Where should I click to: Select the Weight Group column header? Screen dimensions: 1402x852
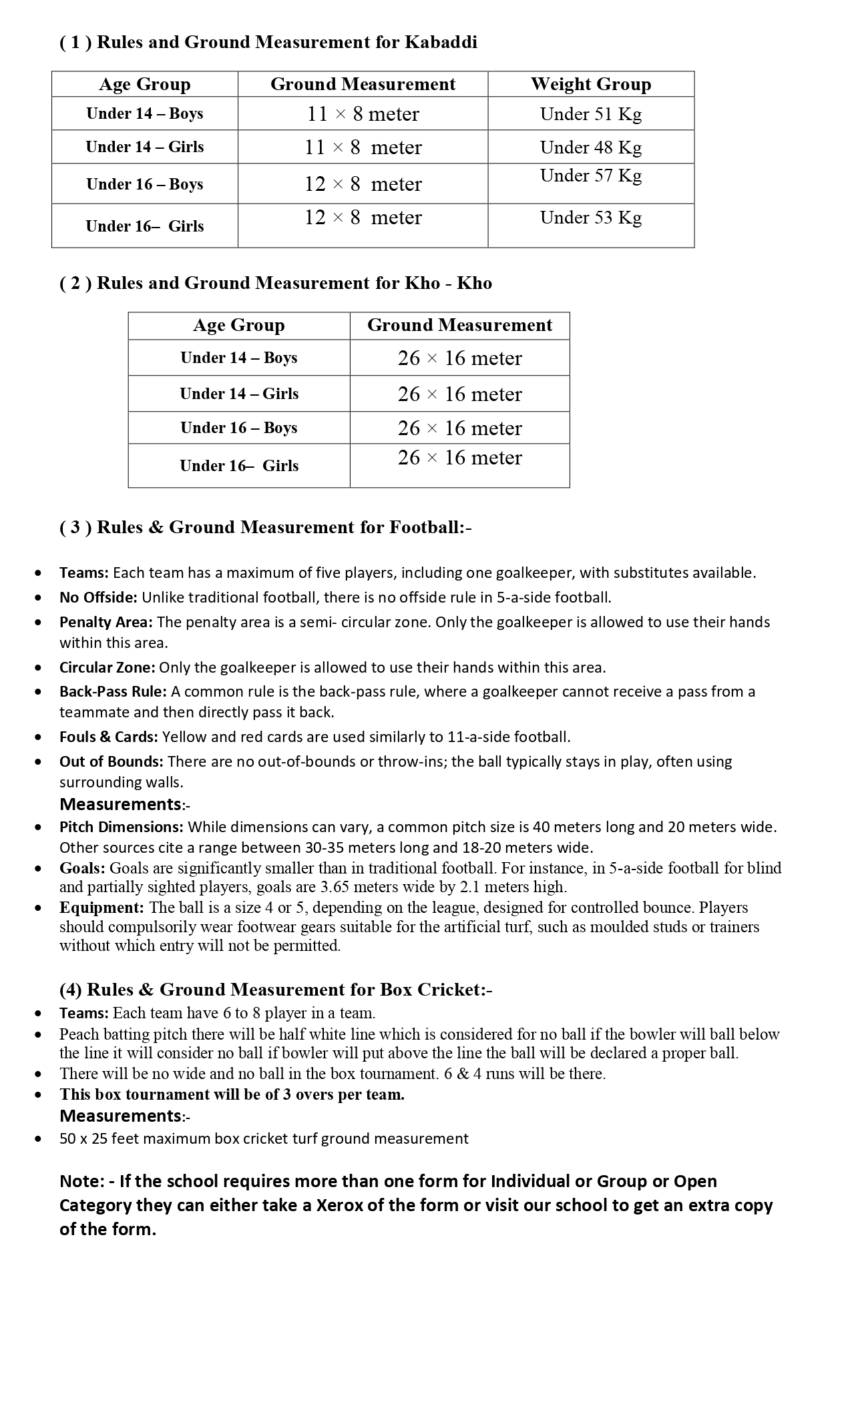click(590, 84)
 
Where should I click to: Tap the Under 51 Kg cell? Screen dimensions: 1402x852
click(590, 114)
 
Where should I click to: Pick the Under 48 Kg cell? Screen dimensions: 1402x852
click(590, 147)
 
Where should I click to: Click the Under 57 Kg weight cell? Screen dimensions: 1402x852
click(590, 176)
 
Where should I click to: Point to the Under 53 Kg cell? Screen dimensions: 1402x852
click(590, 218)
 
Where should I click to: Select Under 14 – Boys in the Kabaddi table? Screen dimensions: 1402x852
click(144, 113)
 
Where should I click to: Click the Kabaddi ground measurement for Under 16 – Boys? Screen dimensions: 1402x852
click(363, 184)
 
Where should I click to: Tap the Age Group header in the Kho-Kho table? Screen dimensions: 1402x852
click(238, 325)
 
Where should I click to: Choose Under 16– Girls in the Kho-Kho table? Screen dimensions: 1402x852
click(238, 466)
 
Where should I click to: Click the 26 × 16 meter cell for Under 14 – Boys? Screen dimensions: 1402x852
click(459, 358)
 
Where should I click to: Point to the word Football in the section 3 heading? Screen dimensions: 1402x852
click(423, 528)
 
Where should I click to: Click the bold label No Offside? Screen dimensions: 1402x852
click(98, 597)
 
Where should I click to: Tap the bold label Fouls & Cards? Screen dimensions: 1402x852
click(108, 737)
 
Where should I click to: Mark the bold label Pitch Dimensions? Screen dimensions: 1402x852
click(121, 827)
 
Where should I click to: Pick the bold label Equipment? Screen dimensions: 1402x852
click(101, 908)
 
